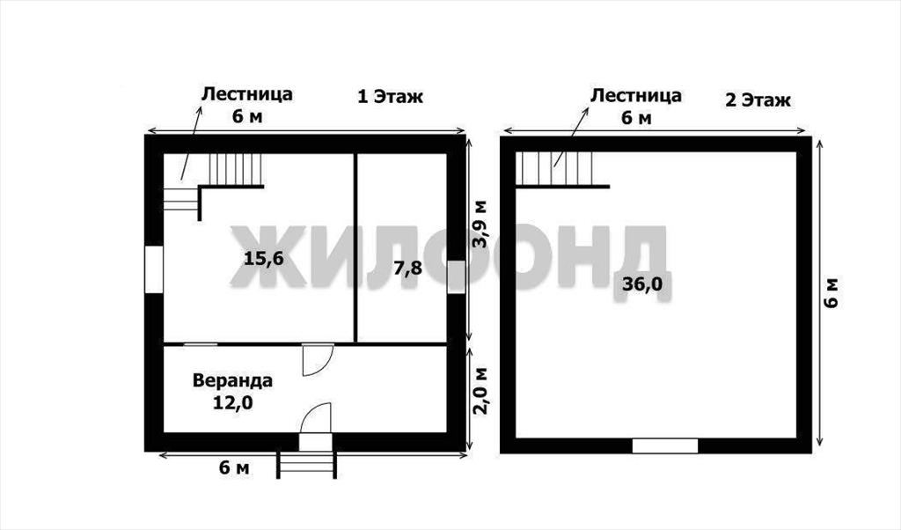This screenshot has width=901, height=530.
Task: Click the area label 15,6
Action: [264, 259]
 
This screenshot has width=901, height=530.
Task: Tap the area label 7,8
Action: [408, 268]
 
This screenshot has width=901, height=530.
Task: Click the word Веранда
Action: [232, 380]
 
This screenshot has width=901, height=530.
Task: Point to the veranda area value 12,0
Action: [232, 403]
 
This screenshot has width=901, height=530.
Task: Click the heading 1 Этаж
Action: [390, 97]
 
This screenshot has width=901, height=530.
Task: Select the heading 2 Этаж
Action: [758, 100]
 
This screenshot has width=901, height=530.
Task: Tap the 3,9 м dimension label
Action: [480, 225]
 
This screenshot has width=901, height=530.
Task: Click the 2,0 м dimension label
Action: [480, 391]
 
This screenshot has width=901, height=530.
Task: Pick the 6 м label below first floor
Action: [234, 467]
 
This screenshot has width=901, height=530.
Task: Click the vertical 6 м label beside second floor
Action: [831, 292]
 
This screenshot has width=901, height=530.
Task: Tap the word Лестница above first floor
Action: [246, 93]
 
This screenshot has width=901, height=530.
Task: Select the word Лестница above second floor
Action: [636, 95]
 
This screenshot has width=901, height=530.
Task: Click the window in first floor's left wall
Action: [154, 269]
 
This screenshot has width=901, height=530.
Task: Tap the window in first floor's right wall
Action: [457, 277]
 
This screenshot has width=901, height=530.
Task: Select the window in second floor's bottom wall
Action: [665, 446]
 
